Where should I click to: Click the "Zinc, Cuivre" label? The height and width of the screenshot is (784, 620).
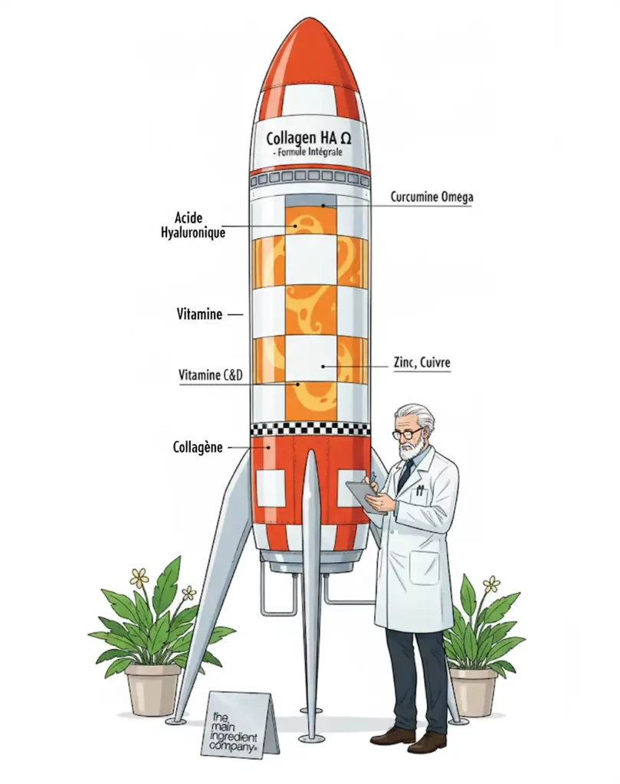420,366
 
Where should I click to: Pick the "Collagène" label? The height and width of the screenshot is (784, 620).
198,446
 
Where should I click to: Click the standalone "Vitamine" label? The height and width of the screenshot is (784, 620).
199,314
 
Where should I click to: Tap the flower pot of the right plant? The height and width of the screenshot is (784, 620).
473,691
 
